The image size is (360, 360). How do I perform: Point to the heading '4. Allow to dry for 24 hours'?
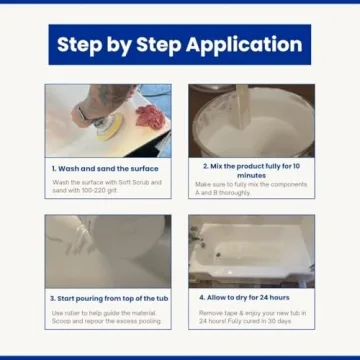251,297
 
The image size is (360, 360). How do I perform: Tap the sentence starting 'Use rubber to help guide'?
105,312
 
